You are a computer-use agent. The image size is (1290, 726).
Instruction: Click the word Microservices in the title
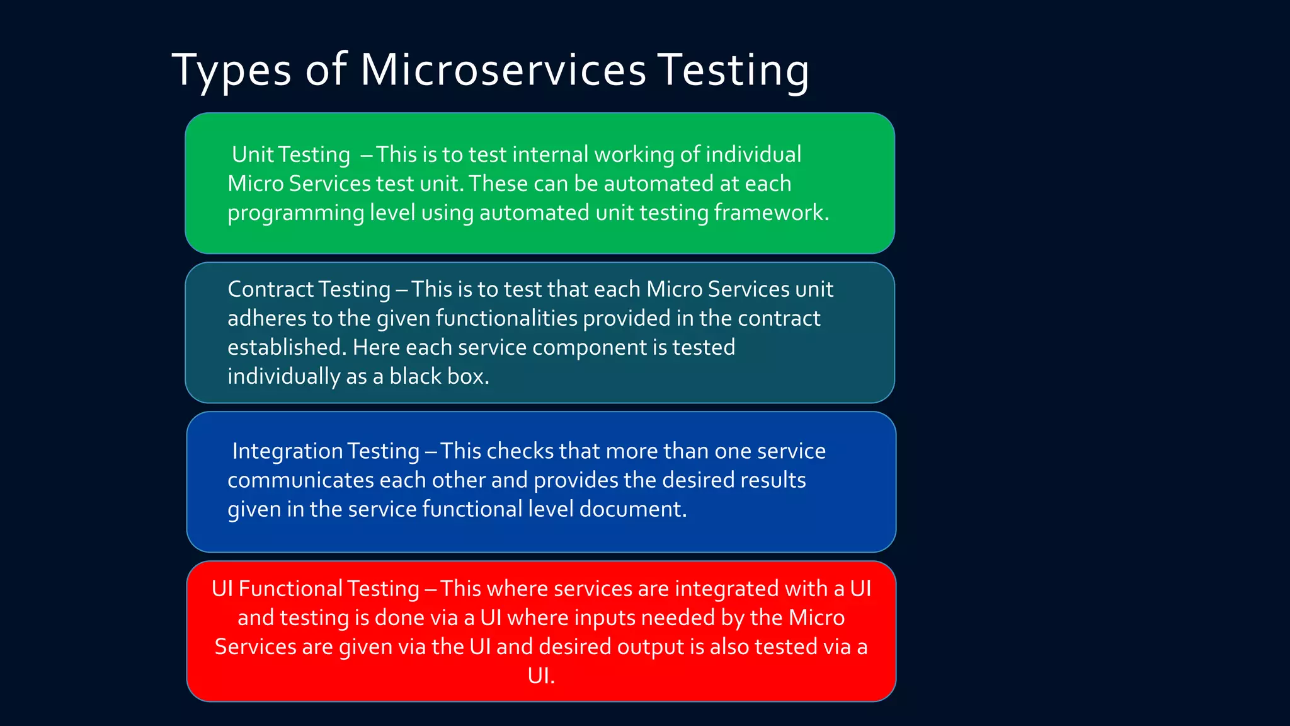tap(503, 69)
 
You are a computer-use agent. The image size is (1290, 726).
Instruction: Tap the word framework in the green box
tap(771, 212)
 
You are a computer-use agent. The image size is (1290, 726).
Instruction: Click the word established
tap(287, 347)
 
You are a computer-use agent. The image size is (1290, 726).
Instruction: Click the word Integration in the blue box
tap(287, 451)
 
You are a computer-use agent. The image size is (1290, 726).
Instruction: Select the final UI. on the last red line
tap(541, 676)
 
